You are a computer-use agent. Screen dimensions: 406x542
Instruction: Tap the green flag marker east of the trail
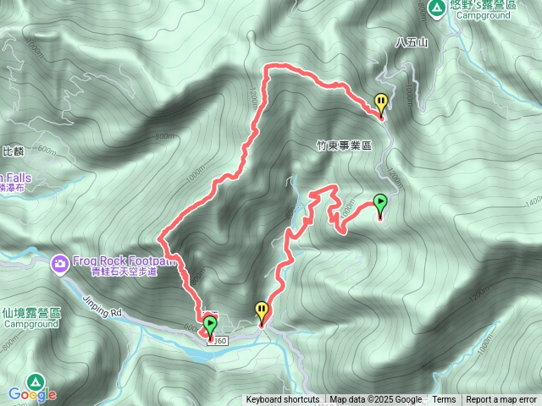click(x=380, y=204)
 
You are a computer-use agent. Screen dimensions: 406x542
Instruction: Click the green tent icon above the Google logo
click(x=35, y=381)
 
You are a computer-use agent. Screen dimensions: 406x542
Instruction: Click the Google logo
click(x=33, y=394)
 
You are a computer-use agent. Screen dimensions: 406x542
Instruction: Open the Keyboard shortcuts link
click(x=283, y=400)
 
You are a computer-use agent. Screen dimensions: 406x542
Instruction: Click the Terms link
click(x=444, y=400)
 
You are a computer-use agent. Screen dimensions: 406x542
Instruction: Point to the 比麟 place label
click(x=13, y=151)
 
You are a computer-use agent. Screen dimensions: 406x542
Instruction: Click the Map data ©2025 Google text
click(x=375, y=400)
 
